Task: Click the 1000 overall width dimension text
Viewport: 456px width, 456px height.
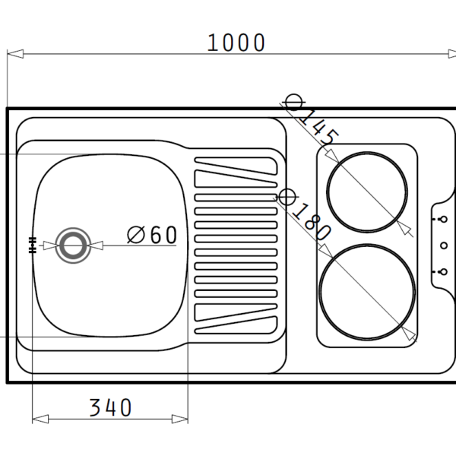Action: pyautogui.click(x=236, y=43)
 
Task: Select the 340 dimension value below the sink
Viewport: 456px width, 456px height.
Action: pyautogui.click(x=110, y=408)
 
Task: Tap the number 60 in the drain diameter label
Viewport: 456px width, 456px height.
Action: pyautogui.click(x=163, y=235)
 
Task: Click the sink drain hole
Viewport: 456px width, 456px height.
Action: pyautogui.click(x=73, y=245)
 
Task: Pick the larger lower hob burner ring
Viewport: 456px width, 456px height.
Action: pyautogui.click(x=367, y=293)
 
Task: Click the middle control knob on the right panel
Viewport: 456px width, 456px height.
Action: pyautogui.click(x=440, y=245)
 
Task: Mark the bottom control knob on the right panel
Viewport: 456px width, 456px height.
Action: pyautogui.click(x=440, y=271)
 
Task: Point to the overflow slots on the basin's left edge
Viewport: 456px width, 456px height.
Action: pyautogui.click(x=32, y=245)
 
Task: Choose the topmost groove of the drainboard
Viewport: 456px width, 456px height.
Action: pyautogui.click(x=235, y=163)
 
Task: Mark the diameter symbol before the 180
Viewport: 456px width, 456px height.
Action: pyautogui.click(x=286, y=198)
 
